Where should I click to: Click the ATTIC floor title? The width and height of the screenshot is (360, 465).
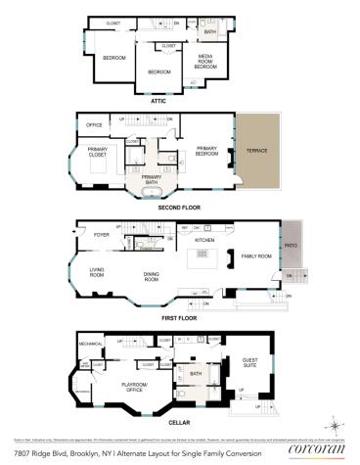pyautogui.click(x=158, y=101)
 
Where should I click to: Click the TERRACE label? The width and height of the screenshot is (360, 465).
pyautogui.click(x=257, y=151)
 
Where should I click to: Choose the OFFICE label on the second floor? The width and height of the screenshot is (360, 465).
pyautogui.click(x=95, y=125)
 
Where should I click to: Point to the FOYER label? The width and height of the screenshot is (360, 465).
pyautogui.click(x=102, y=235)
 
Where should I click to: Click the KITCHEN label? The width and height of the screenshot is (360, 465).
pyautogui.click(x=203, y=240)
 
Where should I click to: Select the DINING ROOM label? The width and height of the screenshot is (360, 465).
pyautogui.click(x=152, y=277)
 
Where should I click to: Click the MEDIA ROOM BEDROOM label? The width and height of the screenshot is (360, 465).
pyautogui.click(x=206, y=61)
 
